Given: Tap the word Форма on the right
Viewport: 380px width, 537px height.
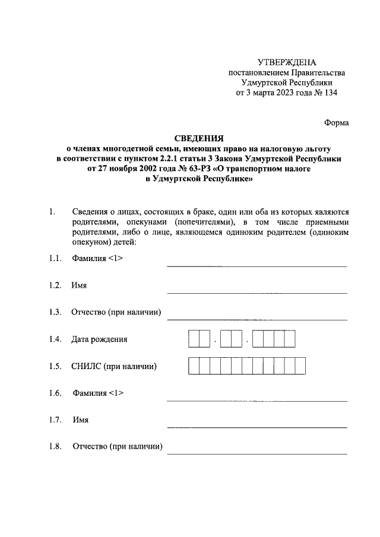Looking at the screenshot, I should coord(336,123).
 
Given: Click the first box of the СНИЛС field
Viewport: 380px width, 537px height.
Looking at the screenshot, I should coord(194,366).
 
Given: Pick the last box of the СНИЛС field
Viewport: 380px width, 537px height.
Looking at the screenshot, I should coord(300,366).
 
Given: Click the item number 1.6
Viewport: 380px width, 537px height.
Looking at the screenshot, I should coord(56,393).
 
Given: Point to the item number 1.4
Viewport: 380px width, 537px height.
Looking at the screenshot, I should coord(56,340).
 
